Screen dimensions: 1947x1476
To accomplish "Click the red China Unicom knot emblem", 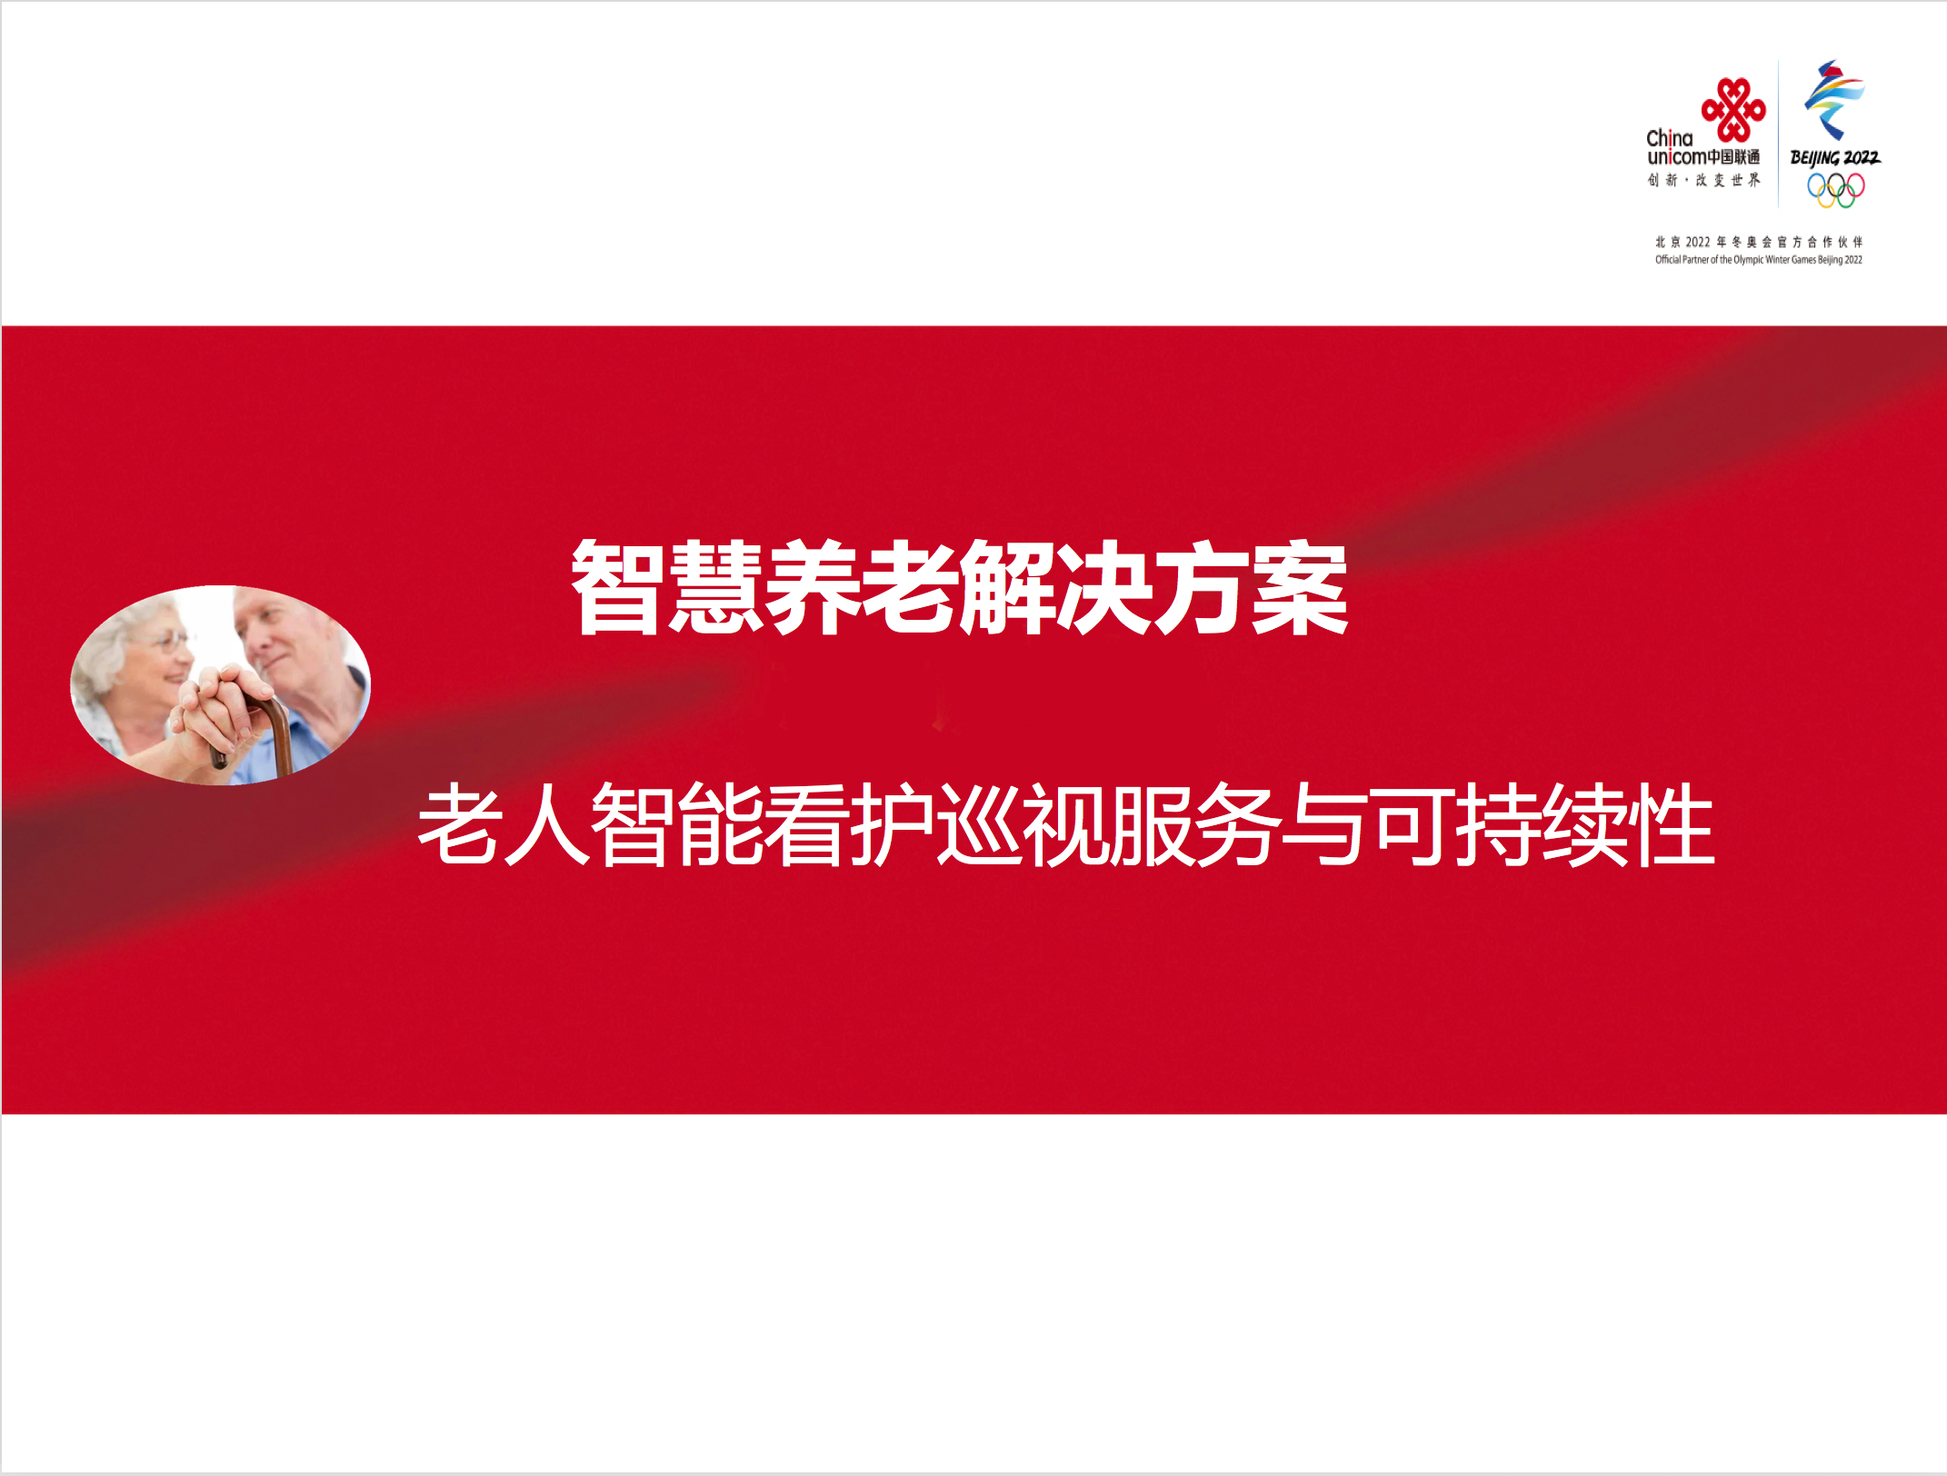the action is coord(1733,110).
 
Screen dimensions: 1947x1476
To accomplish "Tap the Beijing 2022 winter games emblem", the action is coord(1834,100).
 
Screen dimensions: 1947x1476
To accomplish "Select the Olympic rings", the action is coord(1835,189).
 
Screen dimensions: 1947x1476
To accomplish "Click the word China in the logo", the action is coord(1670,138).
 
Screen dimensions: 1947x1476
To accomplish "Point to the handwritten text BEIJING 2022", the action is coord(1835,157).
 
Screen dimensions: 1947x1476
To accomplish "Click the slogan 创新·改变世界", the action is coord(1703,180).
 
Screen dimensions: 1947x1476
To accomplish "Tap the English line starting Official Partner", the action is coord(1758,260).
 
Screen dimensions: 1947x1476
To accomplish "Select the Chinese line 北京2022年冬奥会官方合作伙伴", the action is coord(1758,242).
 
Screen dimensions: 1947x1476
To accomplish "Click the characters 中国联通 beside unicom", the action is coord(1733,157).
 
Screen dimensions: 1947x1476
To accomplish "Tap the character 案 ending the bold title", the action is coord(1299,586).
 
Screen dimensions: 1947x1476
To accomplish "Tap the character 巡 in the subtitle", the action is coord(979,823).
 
